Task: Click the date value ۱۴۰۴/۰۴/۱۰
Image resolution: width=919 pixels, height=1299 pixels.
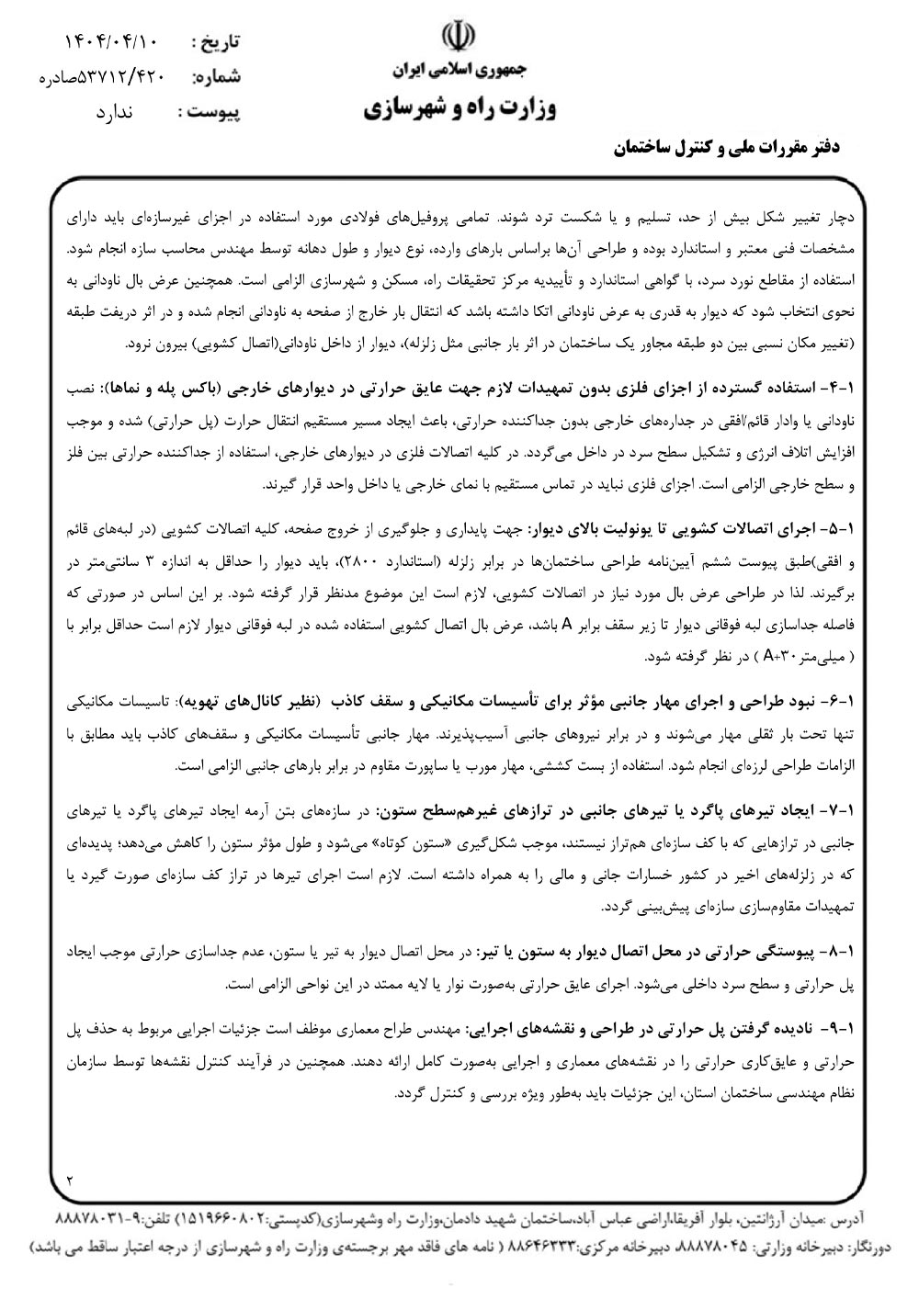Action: click(112, 42)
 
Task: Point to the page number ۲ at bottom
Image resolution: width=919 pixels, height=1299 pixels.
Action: click(70, 1178)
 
